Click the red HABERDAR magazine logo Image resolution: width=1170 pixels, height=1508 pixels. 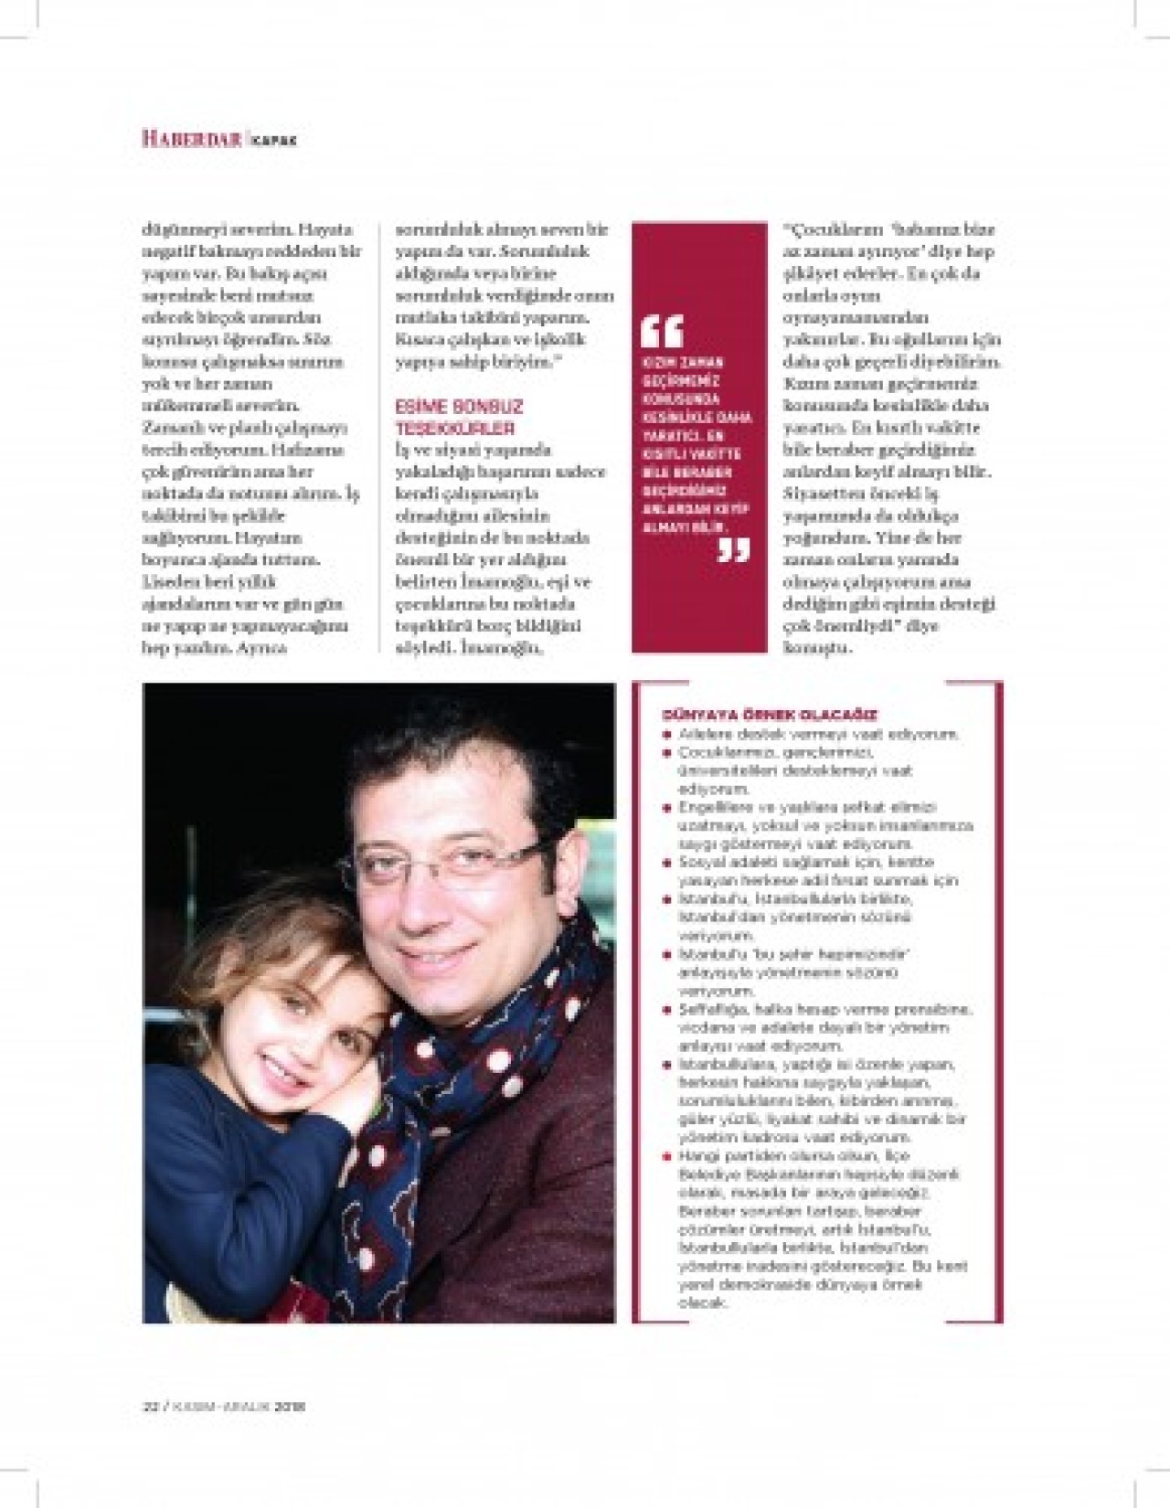tap(191, 139)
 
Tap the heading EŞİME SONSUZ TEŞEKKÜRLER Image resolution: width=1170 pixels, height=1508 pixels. tap(459, 417)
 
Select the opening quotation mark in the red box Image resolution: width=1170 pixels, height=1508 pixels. tap(662, 331)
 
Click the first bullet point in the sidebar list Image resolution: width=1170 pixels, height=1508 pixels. tap(668, 735)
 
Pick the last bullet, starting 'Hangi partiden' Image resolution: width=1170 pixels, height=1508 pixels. tap(668, 1156)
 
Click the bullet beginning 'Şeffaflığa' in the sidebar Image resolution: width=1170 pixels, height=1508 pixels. tap(668, 1010)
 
